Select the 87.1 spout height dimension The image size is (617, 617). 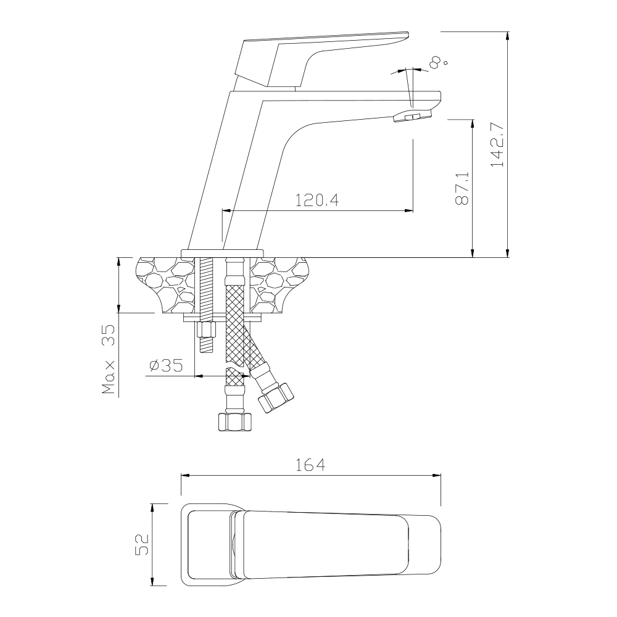pos(462,188)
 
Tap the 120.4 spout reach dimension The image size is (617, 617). pos(317,201)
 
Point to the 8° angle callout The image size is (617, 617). pos(438,62)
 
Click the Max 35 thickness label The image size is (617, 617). pos(108,359)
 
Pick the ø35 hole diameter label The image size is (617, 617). pos(167,366)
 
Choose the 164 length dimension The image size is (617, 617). pos(310,465)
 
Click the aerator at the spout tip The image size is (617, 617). pos(412,116)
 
